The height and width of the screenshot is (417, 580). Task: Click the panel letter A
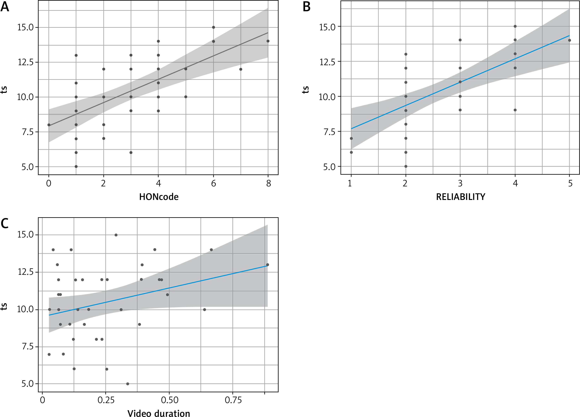5,7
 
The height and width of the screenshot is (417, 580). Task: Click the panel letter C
5,223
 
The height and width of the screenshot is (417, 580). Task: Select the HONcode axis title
159,197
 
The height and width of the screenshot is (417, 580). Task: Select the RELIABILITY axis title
460,197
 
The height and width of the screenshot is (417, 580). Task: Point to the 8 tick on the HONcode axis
268,183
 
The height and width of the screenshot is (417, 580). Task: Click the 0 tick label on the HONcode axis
49,183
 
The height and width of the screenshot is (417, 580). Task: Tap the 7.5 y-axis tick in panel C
26,347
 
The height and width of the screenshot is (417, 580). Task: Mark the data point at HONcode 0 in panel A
49,125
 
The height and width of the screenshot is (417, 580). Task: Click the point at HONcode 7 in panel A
241,69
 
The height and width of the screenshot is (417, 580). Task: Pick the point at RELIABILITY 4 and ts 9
515,110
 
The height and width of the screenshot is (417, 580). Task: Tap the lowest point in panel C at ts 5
128,384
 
